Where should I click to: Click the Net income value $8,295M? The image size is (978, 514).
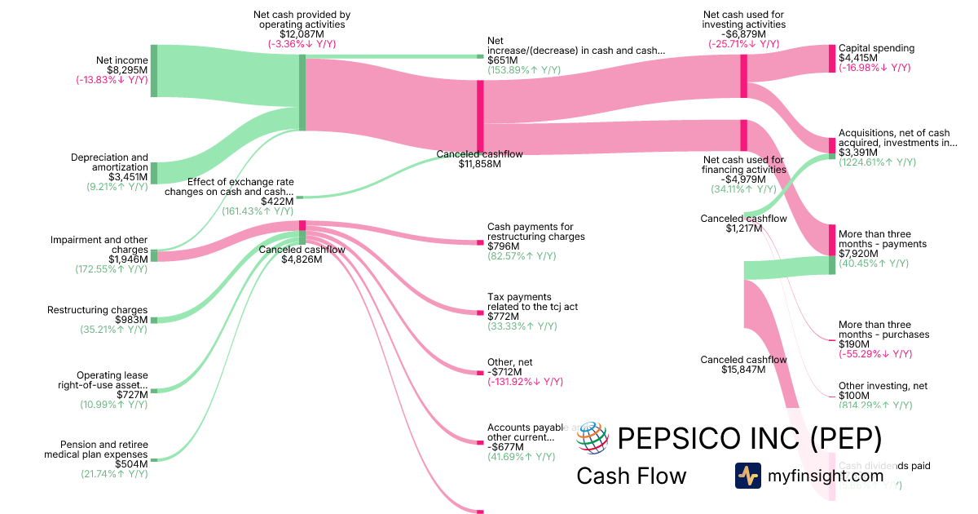[x=129, y=70]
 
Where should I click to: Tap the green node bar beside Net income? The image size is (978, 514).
[x=153, y=71]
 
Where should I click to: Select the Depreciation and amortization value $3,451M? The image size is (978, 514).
[x=128, y=176]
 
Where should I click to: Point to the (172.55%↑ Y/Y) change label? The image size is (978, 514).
[x=114, y=268]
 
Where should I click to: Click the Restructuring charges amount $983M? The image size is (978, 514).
[x=132, y=320]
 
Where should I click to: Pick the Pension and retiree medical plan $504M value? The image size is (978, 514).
[x=132, y=464]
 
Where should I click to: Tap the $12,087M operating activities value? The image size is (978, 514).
[x=302, y=34]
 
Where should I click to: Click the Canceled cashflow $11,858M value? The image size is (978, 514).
[x=479, y=163]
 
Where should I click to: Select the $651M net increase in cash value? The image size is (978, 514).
[x=502, y=60]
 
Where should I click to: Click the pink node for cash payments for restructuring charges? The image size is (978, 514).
[x=480, y=242]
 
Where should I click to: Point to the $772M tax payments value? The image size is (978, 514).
[x=502, y=317]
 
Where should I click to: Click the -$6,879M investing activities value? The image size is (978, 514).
[x=742, y=34]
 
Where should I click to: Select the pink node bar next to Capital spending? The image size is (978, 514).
[x=832, y=58]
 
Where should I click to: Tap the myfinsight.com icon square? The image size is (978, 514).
[x=747, y=476]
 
